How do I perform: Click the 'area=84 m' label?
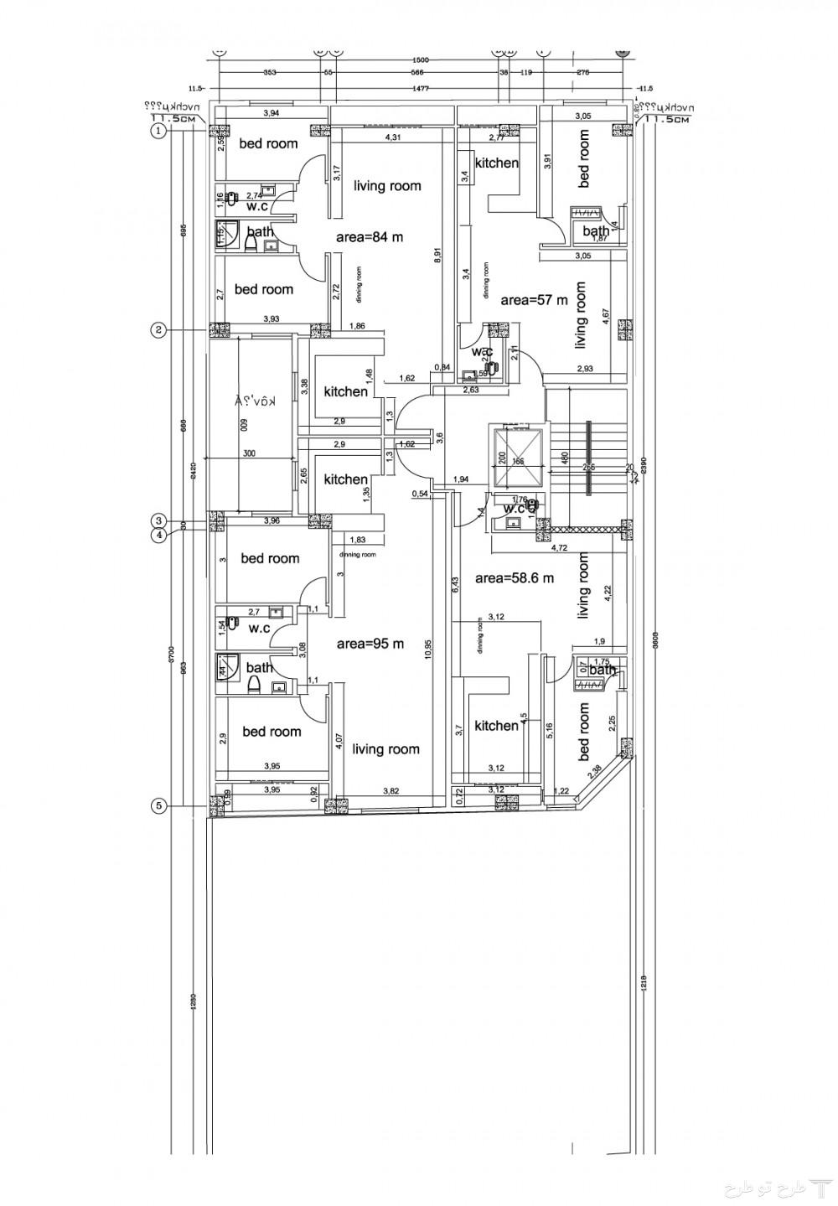click(369, 237)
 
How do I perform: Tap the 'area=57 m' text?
click(534, 299)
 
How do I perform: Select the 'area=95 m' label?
click(370, 644)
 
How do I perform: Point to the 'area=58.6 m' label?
click(515, 578)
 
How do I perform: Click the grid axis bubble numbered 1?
click(157, 131)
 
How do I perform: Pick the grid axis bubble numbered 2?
click(157, 329)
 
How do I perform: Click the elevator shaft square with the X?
click(518, 458)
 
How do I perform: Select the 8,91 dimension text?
click(437, 256)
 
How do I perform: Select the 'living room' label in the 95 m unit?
click(385, 749)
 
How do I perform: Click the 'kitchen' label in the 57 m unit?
click(496, 163)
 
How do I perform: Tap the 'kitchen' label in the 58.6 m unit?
click(496, 726)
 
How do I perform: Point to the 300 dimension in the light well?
click(249, 453)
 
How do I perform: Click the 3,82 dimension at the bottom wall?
click(391, 791)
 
